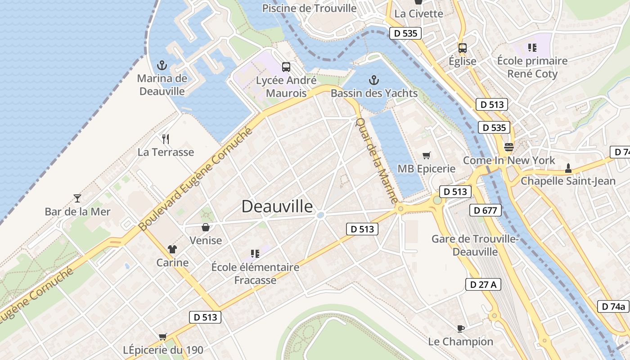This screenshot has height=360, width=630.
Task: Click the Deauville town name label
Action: point(277,206)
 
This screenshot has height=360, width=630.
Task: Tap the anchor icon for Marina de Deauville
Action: point(162,65)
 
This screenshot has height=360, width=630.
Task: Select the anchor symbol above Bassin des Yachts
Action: point(373,80)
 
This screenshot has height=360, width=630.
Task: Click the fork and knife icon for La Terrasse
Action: point(166,139)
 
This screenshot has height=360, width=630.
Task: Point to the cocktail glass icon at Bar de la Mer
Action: point(77,198)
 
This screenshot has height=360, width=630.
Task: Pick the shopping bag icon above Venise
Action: point(206,227)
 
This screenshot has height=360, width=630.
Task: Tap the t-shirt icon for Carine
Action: point(172,249)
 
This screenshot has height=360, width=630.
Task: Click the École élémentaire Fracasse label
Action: point(255,274)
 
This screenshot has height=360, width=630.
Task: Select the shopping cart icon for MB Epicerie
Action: point(426,156)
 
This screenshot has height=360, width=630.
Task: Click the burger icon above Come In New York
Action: point(509,147)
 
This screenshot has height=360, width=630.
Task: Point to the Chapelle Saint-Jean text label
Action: point(568,181)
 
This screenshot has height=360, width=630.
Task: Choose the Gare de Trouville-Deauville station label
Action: point(475,245)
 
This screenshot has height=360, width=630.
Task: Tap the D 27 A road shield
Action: point(483,284)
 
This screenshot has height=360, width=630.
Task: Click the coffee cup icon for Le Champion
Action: point(460,328)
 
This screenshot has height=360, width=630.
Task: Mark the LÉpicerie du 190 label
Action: point(163,350)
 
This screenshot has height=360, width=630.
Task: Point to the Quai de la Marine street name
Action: point(377,160)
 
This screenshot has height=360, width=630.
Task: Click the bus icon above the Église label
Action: point(462,48)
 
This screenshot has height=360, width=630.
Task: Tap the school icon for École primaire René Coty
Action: point(532,48)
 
